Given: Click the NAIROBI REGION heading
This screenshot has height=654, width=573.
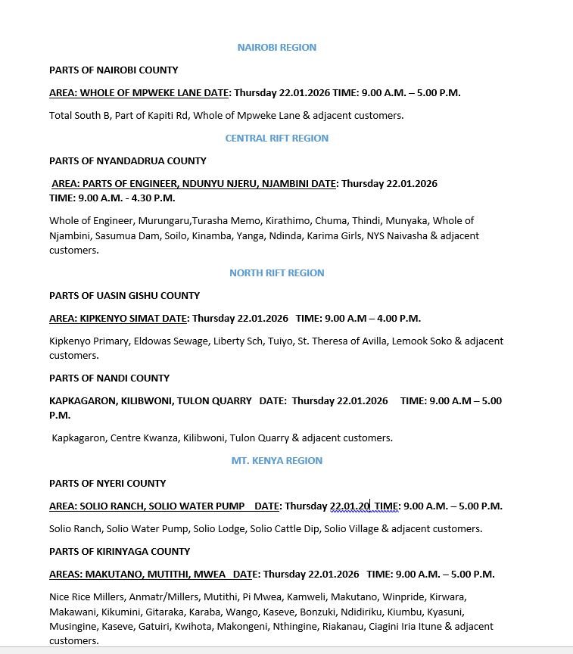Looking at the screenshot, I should pyautogui.click(x=276, y=48).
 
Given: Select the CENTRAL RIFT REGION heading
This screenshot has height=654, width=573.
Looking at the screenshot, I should pyautogui.click(x=276, y=139).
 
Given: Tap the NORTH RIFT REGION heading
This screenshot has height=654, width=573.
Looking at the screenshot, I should pyautogui.click(x=276, y=273).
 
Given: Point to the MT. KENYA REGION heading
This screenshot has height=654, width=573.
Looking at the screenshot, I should pyautogui.click(x=276, y=461).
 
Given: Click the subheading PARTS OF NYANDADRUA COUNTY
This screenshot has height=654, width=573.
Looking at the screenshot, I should pyautogui.click(x=128, y=161).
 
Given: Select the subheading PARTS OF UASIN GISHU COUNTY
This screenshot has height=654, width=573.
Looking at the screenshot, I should pyautogui.click(x=124, y=296).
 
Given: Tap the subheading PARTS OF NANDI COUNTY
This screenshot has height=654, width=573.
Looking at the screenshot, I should pyautogui.click(x=109, y=378).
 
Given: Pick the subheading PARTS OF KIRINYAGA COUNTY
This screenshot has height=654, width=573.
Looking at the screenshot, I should pyautogui.click(x=120, y=552).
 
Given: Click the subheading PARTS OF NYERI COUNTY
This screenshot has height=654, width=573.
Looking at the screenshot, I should pyautogui.click(x=107, y=484).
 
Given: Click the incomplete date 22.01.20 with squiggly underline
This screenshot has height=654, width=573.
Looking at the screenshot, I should pyautogui.click(x=349, y=506).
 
